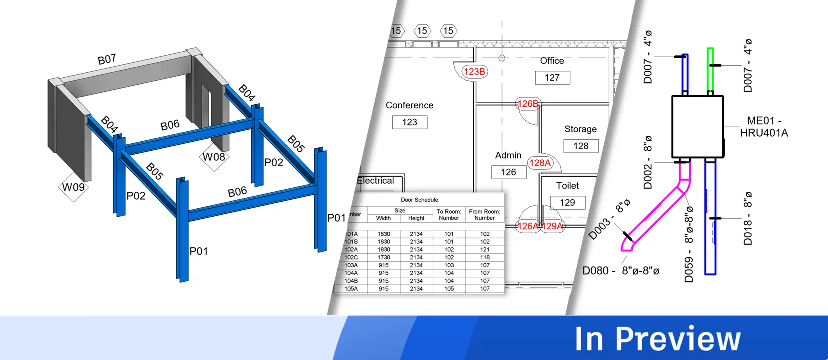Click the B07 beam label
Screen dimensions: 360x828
pos(107,60)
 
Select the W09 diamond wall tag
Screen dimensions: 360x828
pos(73,187)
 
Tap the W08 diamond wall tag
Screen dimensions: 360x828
pos(214,157)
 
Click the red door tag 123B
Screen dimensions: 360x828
pos(474,72)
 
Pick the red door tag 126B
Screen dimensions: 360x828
pos(528,104)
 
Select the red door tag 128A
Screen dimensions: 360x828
pos(540,163)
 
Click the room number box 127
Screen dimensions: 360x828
pos(552,78)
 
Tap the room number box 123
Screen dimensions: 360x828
pos(410,122)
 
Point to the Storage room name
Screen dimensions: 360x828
pos(580,129)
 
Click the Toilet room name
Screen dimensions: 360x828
pos(567,186)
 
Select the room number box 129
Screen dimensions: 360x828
pos(567,203)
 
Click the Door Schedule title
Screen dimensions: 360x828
pos(419,200)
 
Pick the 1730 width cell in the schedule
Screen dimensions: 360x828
pos(383,257)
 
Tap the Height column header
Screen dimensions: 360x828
pos(416,218)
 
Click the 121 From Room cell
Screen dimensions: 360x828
pos(485,249)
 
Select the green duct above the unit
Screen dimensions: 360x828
pos(710,70)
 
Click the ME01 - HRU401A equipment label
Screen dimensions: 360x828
pos(764,127)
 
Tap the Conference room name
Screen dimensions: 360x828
pos(409,105)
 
